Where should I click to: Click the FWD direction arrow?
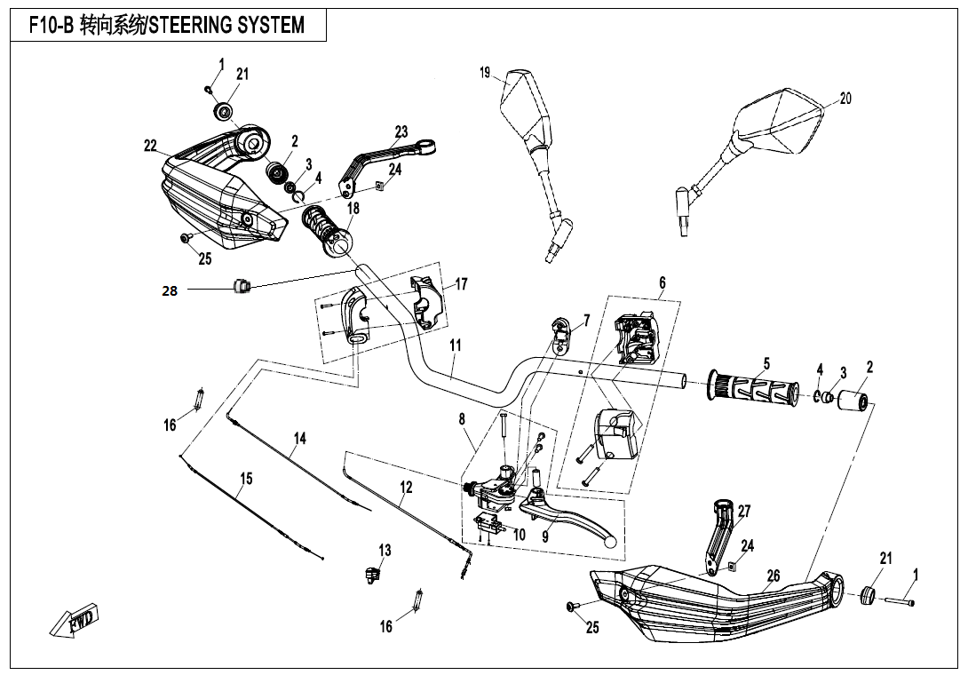pos(75,620)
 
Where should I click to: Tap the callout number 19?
pos(485,73)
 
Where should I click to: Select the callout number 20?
pos(845,99)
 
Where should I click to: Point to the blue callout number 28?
pos(170,290)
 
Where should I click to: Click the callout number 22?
pos(150,146)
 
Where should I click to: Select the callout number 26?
pos(773,576)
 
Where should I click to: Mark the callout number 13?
pos(385,551)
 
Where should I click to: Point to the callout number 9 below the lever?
pos(544,536)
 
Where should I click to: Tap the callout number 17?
pos(462,284)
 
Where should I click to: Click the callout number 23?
pos(401,131)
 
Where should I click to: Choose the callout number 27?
pos(744,512)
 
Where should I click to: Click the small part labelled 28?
pos(239,285)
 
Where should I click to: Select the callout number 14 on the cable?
pos(300,438)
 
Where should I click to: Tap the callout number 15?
pos(246,479)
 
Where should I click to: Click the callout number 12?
pos(406,487)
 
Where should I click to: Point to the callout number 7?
pos(586,320)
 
